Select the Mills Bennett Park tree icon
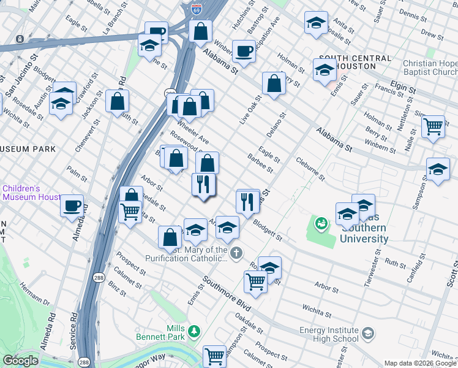tap(194, 331)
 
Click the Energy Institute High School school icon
tap(367, 334)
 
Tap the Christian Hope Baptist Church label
tap(430, 67)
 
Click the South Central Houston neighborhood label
tap(355, 63)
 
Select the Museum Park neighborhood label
tap(28, 149)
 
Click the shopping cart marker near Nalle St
tap(433, 127)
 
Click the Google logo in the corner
tap(21, 361)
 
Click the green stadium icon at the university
tap(321, 224)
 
